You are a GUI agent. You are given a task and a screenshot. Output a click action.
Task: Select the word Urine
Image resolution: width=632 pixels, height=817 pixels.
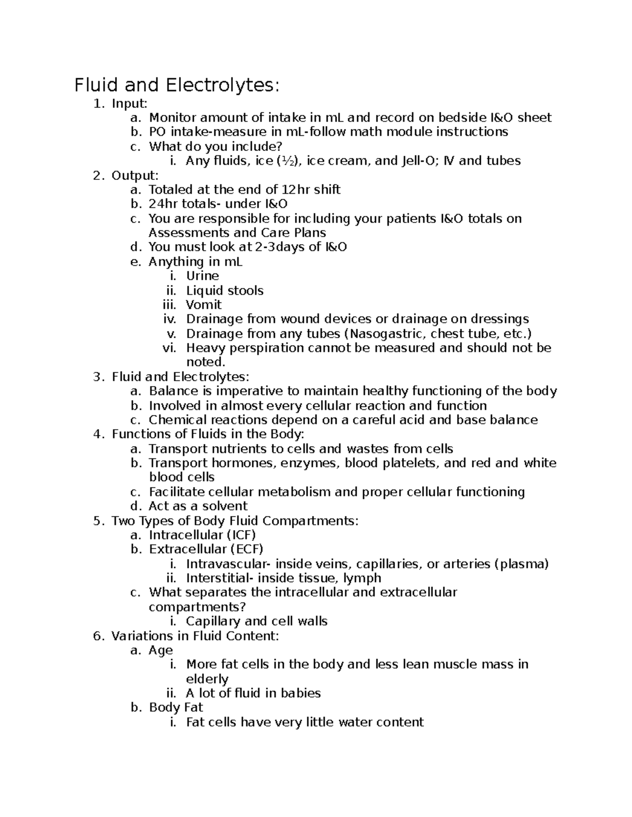[x=202, y=276]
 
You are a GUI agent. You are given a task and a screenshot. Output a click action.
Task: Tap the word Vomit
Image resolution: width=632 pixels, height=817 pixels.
[x=203, y=305]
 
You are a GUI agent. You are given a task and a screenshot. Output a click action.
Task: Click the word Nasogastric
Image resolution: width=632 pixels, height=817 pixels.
[x=387, y=334]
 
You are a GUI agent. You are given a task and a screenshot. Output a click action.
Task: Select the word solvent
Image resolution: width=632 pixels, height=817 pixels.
[x=224, y=506]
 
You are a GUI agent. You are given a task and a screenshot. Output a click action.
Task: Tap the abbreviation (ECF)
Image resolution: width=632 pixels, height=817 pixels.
[x=246, y=549]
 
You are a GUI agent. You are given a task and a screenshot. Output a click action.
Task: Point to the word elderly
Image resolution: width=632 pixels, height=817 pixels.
[x=207, y=679]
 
